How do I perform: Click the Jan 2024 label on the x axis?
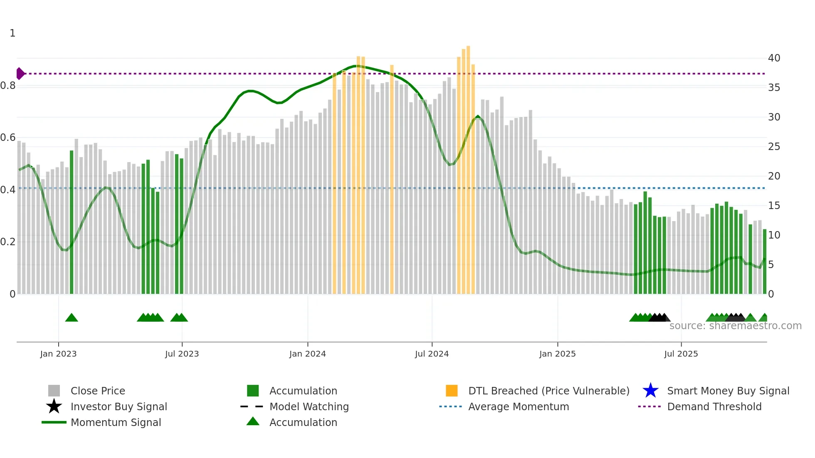(307, 354)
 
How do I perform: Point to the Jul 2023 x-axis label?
(182, 354)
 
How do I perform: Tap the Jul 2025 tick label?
(681, 354)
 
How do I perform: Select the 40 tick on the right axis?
(774, 58)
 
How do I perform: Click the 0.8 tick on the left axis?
(8, 86)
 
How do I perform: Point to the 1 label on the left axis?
(12, 33)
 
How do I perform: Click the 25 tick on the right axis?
(774, 147)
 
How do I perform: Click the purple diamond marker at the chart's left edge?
(20, 74)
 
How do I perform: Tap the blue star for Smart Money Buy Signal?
(650, 391)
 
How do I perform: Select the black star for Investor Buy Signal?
(54, 406)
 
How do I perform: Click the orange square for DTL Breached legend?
(452, 391)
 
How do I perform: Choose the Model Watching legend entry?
(309, 406)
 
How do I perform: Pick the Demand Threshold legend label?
(714, 406)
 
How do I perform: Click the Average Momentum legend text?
(519, 406)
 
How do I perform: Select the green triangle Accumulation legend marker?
(253, 422)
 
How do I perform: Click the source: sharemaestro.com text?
(735, 326)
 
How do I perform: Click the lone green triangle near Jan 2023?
(72, 318)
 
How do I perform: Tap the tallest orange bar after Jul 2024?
(468, 166)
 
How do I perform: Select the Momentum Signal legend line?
(54, 422)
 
